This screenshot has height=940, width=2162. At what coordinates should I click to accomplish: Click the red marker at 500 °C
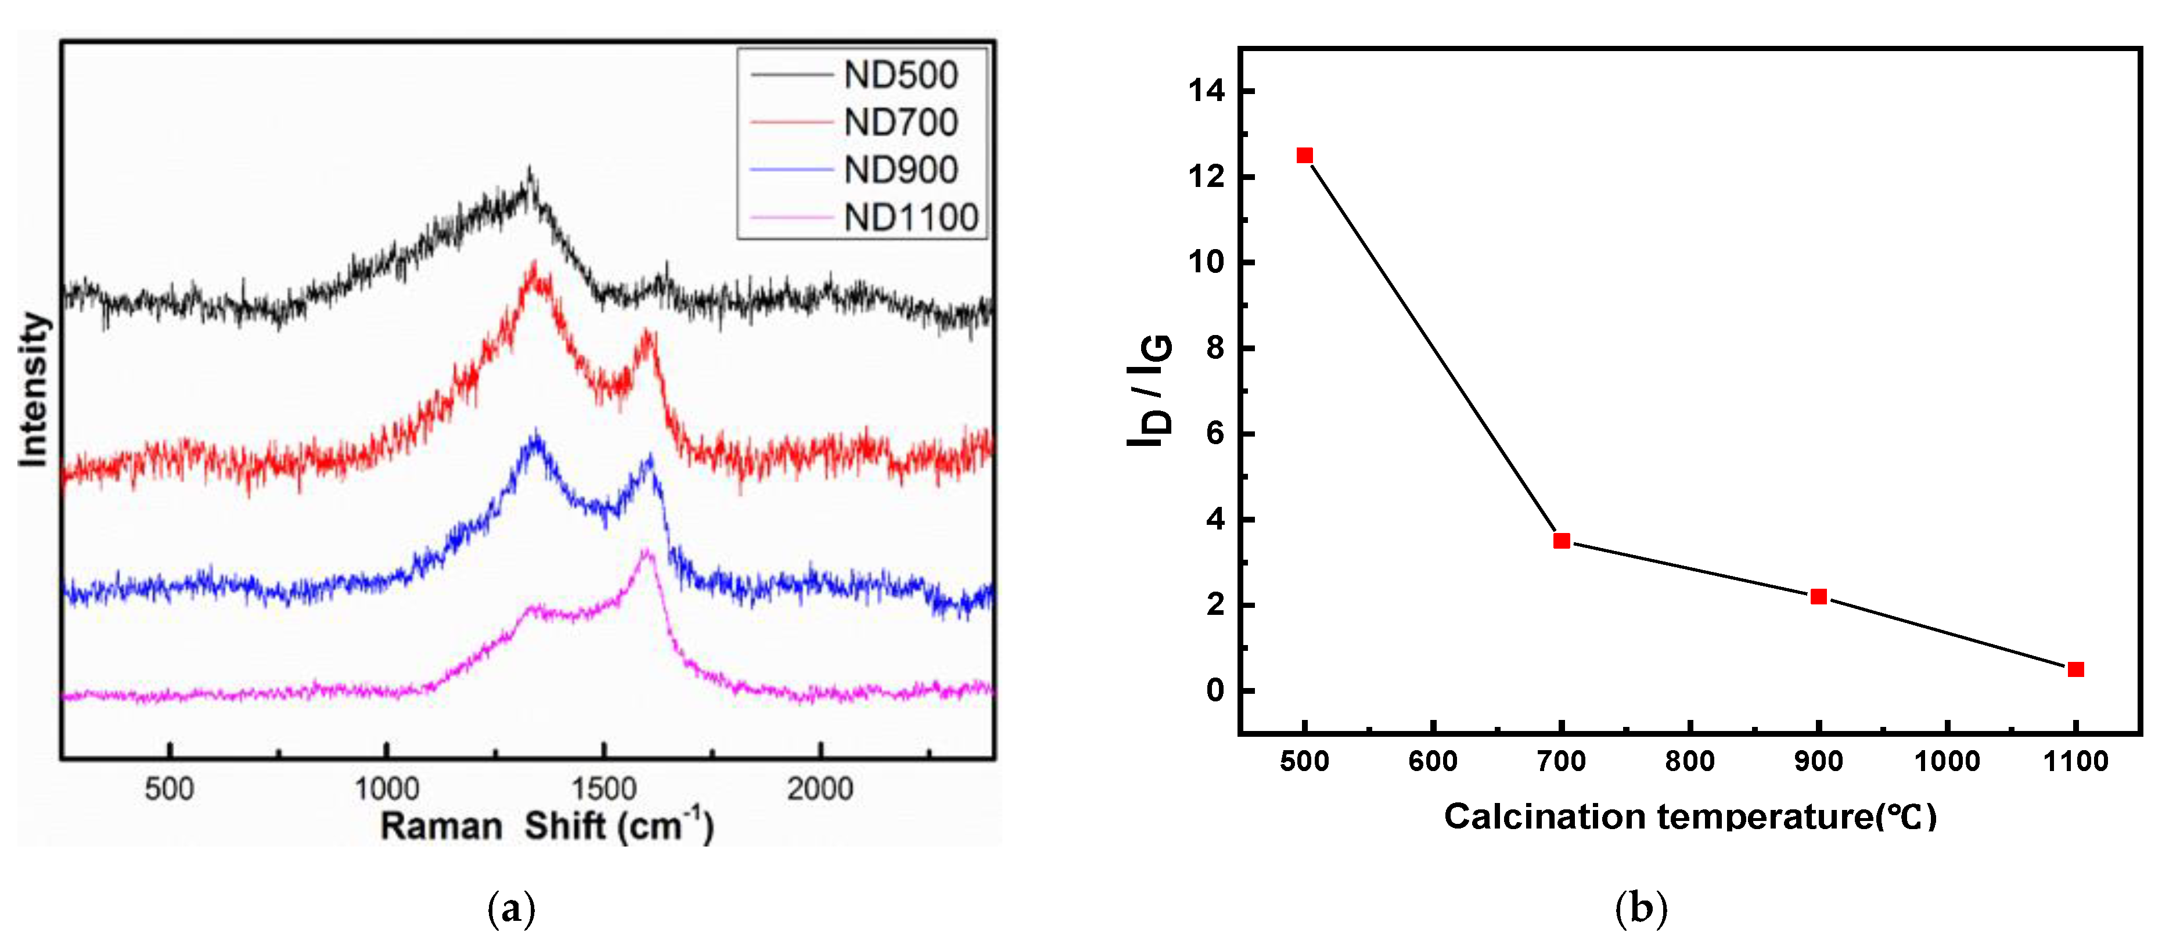(x=1304, y=155)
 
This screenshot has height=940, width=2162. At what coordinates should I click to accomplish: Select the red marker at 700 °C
(x=1561, y=541)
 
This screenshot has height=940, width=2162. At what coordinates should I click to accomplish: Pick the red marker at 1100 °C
(x=2075, y=669)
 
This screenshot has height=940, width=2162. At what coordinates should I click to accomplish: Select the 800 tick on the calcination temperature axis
(x=1689, y=761)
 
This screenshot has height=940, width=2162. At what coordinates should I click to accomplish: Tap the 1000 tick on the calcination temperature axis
(x=1947, y=761)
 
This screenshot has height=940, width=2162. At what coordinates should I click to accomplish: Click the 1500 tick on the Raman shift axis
(x=603, y=789)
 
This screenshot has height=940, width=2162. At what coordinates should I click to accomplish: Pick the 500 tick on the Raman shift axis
(x=170, y=789)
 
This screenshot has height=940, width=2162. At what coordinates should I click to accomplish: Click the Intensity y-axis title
(x=34, y=390)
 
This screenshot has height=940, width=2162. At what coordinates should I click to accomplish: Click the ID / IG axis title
(x=1150, y=390)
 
